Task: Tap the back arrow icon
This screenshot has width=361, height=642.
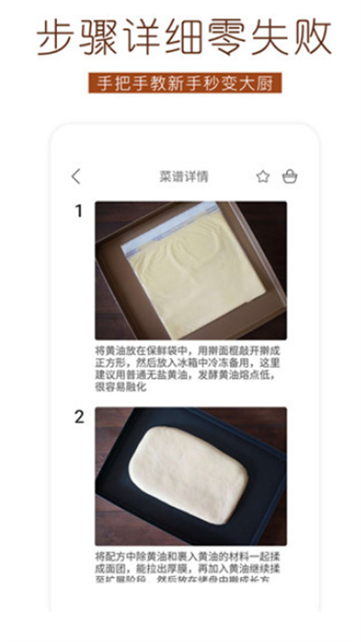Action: point(76,177)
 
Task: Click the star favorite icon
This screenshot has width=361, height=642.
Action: point(263,177)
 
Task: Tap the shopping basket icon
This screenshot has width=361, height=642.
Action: point(289,177)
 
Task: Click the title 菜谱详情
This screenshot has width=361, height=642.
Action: point(184,177)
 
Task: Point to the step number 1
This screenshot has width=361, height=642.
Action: point(79,211)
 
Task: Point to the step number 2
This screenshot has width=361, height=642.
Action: point(79,417)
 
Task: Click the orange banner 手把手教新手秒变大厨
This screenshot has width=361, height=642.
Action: point(184,83)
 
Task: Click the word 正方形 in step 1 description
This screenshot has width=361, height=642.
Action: point(109,362)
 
